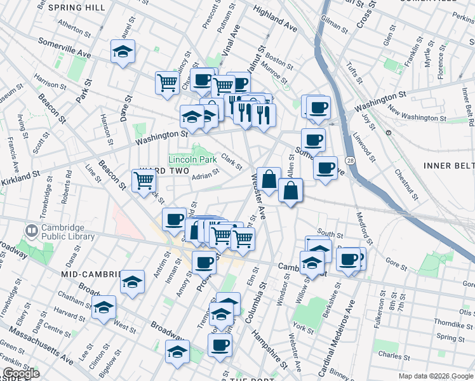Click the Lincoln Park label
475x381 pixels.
tap(192, 159)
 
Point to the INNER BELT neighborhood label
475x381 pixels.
tap(447, 166)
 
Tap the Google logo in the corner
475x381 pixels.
tap(20, 374)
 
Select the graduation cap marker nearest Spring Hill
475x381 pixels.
tap(123, 51)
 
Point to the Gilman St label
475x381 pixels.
tap(335, 21)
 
